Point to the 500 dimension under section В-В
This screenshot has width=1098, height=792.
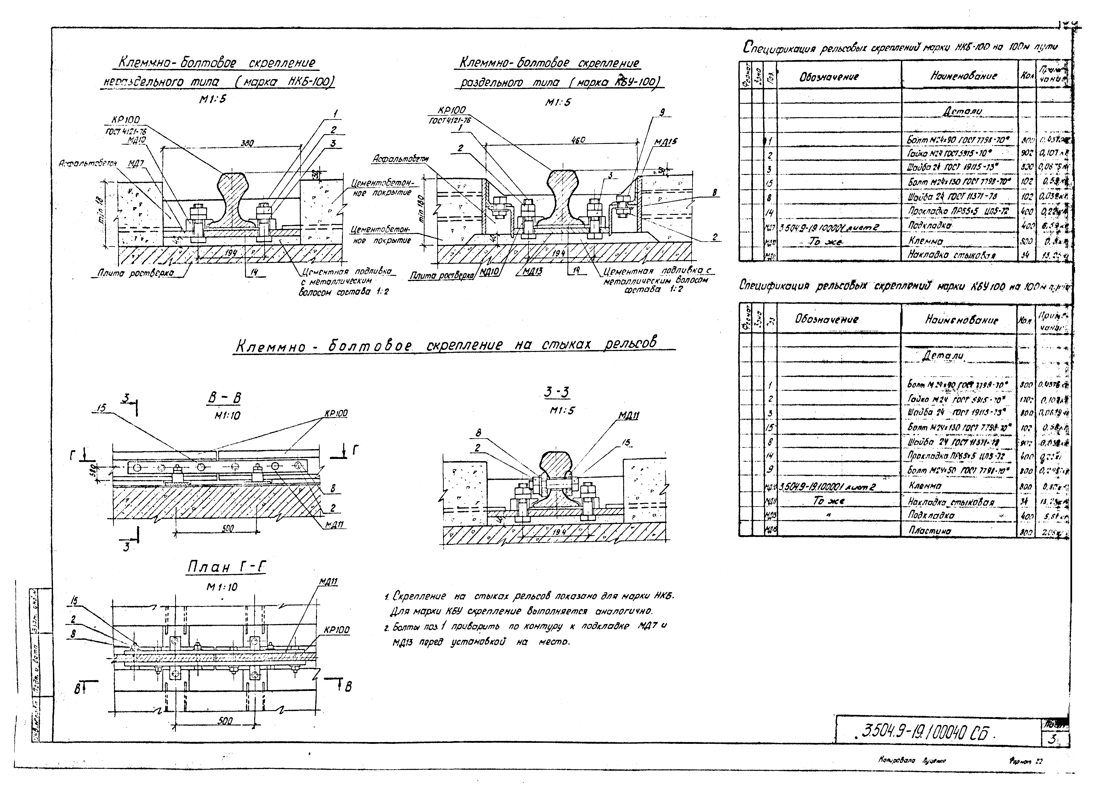(228, 529)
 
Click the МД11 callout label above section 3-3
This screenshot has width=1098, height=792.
(628, 415)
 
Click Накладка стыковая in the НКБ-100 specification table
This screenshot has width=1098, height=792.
(951, 255)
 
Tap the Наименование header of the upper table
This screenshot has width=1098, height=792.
(963, 76)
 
